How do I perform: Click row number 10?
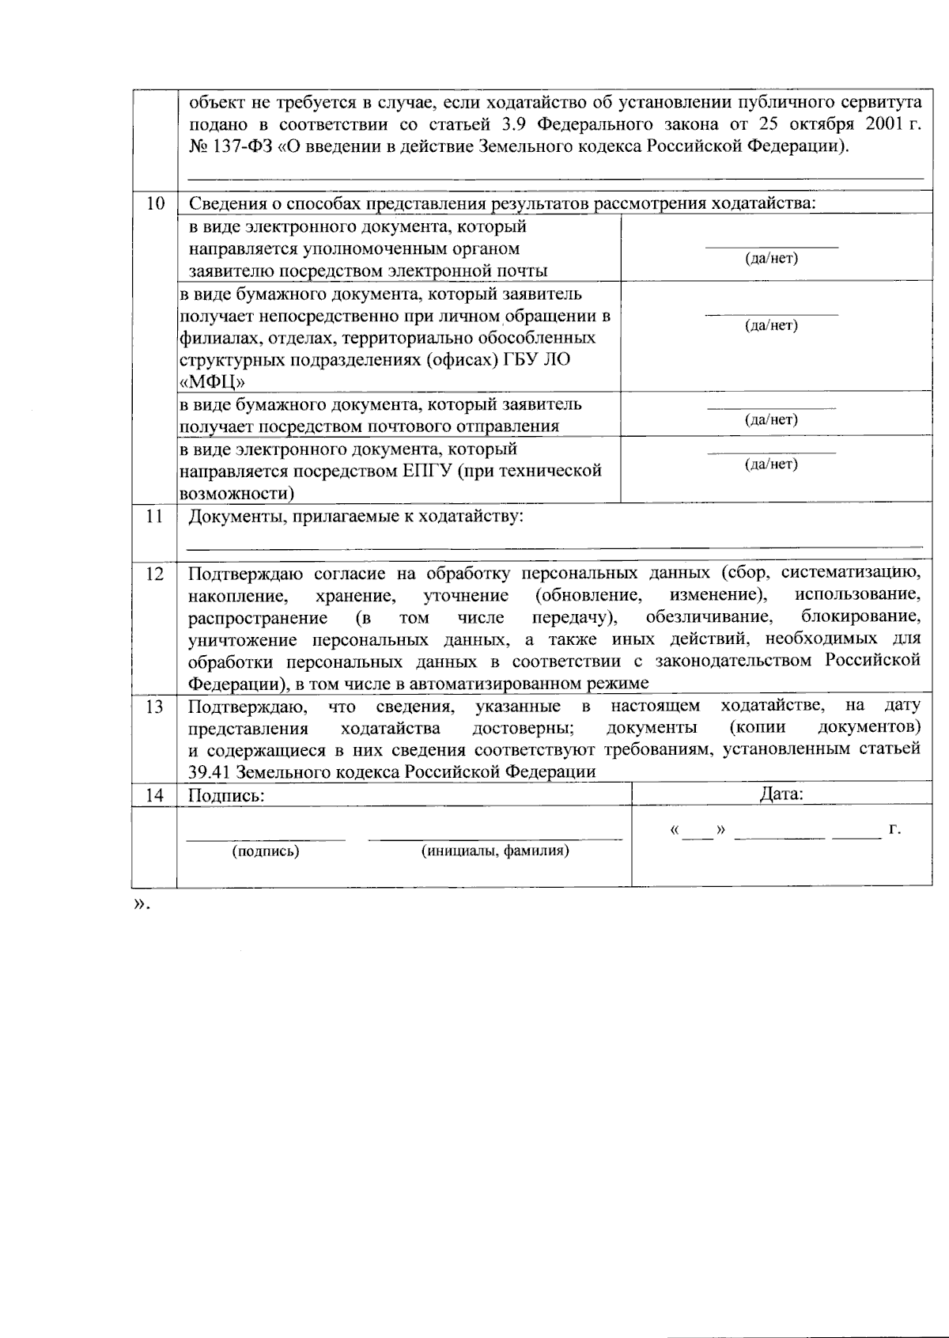pyautogui.click(x=155, y=204)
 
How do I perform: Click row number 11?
pyautogui.click(x=155, y=517)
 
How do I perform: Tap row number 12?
pyautogui.click(x=155, y=574)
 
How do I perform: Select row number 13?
pyautogui.click(x=155, y=707)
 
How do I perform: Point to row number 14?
pyautogui.click(x=155, y=795)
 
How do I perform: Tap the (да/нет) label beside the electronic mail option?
pyautogui.click(x=771, y=259)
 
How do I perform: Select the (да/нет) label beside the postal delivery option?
pyautogui.click(x=771, y=419)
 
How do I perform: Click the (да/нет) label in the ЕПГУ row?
pyautogui.click(x=771, y=464)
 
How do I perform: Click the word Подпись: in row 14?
pyautogui.click(x=225, y=795)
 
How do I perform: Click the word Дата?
pyautogui.click(x=781, y=794)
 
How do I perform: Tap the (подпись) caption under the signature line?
pyautogui.click(x=265, y=851)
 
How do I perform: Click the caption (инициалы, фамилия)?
pyautogui.click(x=495, y=851)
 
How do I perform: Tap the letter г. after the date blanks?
pyautogui.click(x=894, y=829)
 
